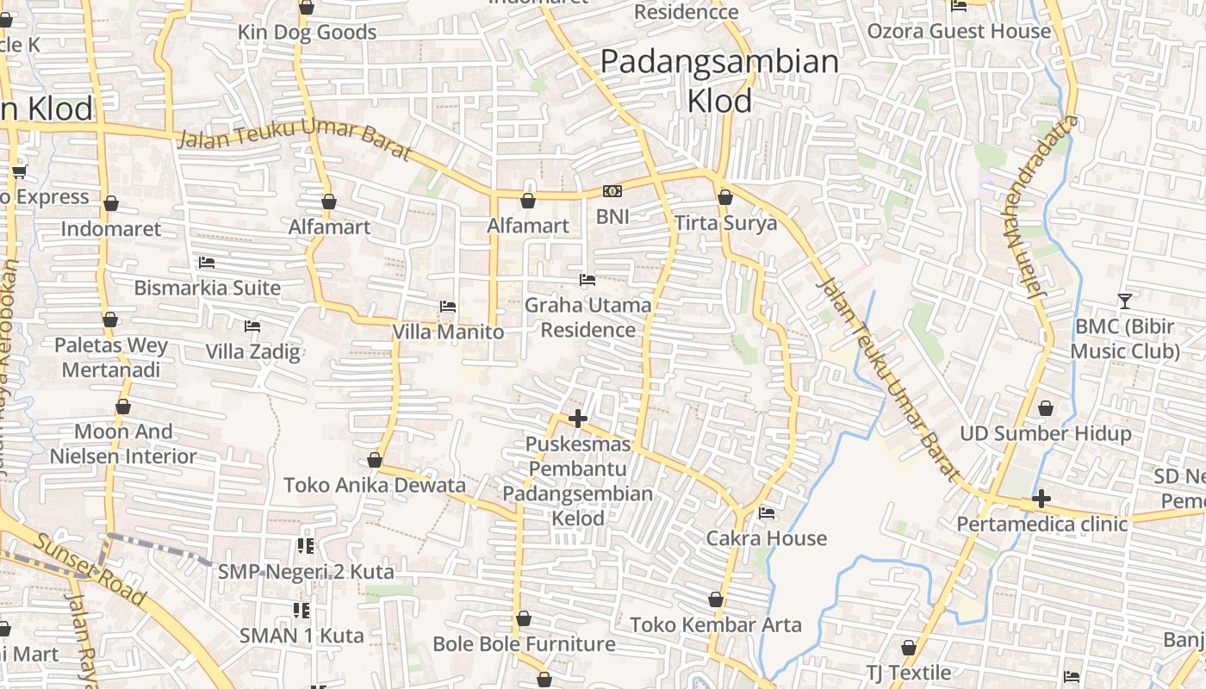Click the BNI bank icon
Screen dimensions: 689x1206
coord(612,191)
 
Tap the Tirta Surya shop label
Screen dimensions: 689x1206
coord(725,223)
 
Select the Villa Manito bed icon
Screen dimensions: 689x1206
coord(447,306)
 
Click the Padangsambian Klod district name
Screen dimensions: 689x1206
coord(719,81)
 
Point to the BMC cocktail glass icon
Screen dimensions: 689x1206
coord(1124,301)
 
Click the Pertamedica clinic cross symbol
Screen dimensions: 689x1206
coord(1041,498)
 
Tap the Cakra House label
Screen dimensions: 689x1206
coord(766,538)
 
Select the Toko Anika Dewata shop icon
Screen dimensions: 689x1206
coord(375,460)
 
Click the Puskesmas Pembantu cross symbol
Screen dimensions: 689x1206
coord(578,419)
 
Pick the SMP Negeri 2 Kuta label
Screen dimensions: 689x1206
coord(306,571)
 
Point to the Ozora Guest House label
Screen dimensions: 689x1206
coord(959,32)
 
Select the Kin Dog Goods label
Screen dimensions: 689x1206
coord(308,33)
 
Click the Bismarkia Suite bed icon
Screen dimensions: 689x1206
coord(206,263)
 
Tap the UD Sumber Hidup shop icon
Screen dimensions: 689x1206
coord(1046,407)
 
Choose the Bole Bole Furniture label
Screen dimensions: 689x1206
coord(524,643)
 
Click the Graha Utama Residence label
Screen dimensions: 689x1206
coord(587,317)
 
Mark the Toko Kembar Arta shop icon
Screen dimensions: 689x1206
coord(716,599)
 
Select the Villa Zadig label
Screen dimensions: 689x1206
coord(252,351)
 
